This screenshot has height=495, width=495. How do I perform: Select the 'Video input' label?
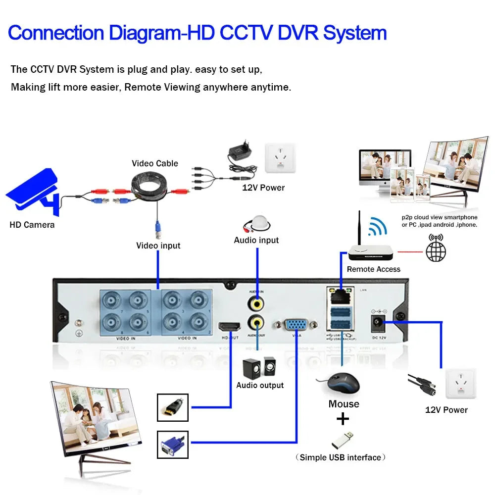pos(158,246)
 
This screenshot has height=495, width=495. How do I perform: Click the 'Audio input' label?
pos(256,240)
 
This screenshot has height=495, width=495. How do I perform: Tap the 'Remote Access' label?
pos(374,269)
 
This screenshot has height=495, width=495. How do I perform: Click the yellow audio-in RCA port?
pos(256,302)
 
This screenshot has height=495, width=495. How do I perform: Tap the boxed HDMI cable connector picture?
pos(173,407)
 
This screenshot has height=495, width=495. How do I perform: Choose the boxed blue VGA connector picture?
pos(173,444)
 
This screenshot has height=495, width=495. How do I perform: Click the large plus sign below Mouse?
pos(343,420)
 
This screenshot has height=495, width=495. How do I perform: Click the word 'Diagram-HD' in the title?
pos(161,33)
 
